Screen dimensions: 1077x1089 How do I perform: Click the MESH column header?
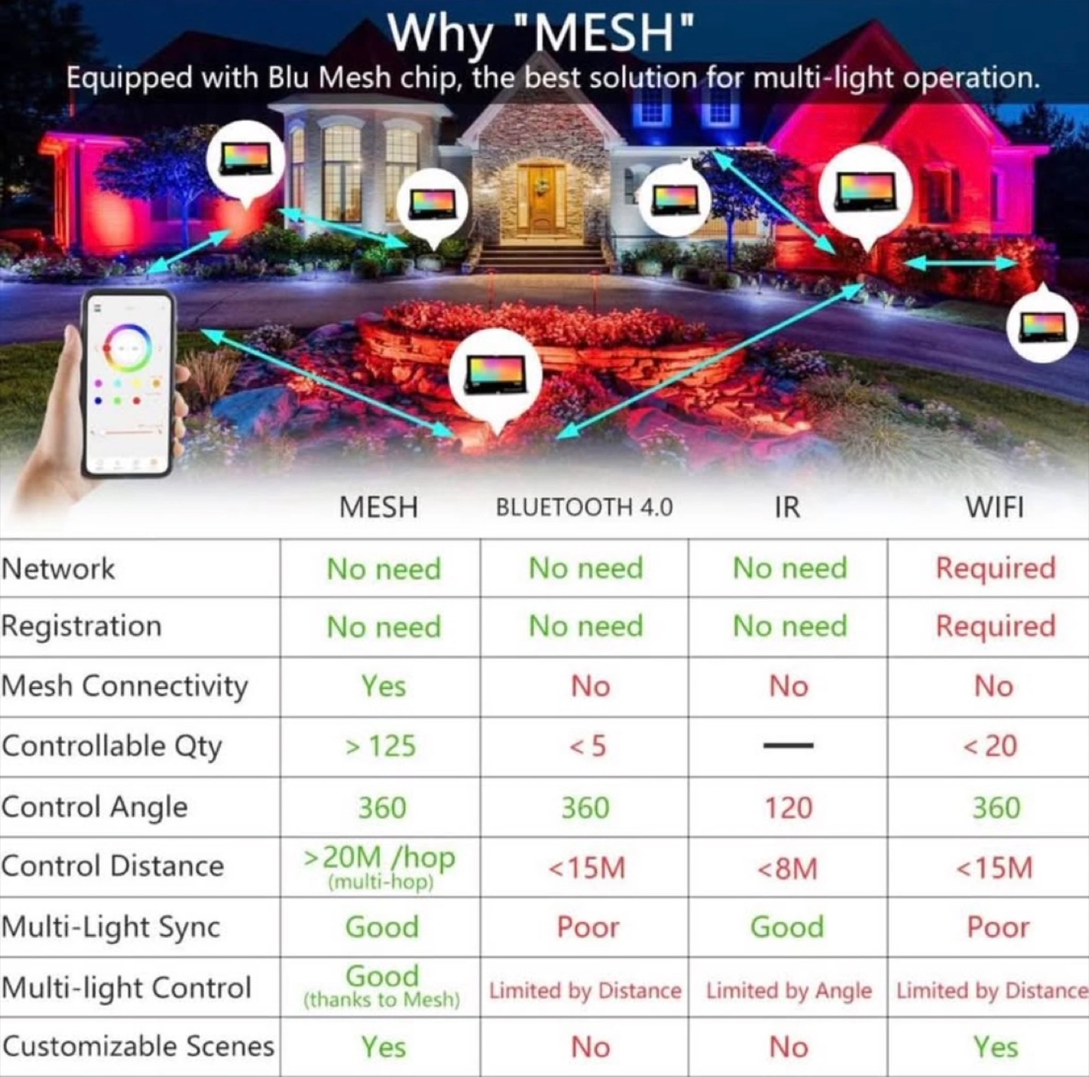[x=378, y=507]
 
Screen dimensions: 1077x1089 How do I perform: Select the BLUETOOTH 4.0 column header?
[x=584, y=507]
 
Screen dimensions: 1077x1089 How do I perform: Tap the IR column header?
[x=786, y=507]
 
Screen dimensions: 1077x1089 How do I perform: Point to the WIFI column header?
[x=994, y=507]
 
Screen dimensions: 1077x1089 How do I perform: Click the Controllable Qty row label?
[x=112, y=746]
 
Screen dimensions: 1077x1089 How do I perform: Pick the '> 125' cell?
[x=380, y=746]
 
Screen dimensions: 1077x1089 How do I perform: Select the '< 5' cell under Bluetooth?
[x=588, y=746]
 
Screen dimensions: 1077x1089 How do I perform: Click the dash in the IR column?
[x=788, y=746]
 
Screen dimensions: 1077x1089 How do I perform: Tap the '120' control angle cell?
[x=788, y=808]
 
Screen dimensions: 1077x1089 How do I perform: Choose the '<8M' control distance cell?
[x=788, y=868]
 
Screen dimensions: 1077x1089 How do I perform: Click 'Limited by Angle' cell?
[x=789, y=990]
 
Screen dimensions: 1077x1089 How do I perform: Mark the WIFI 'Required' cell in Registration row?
[x=995, y=626]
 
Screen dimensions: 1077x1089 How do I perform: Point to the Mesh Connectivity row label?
[x=125, y=686]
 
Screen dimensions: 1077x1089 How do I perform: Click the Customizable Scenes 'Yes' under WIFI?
[x=995, y=1048]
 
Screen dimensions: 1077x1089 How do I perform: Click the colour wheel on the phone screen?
[x=127, y=347]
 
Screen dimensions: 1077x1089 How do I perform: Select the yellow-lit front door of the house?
[x=541, y=199]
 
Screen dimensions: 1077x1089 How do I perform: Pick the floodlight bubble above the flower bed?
[x=495, y=374]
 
